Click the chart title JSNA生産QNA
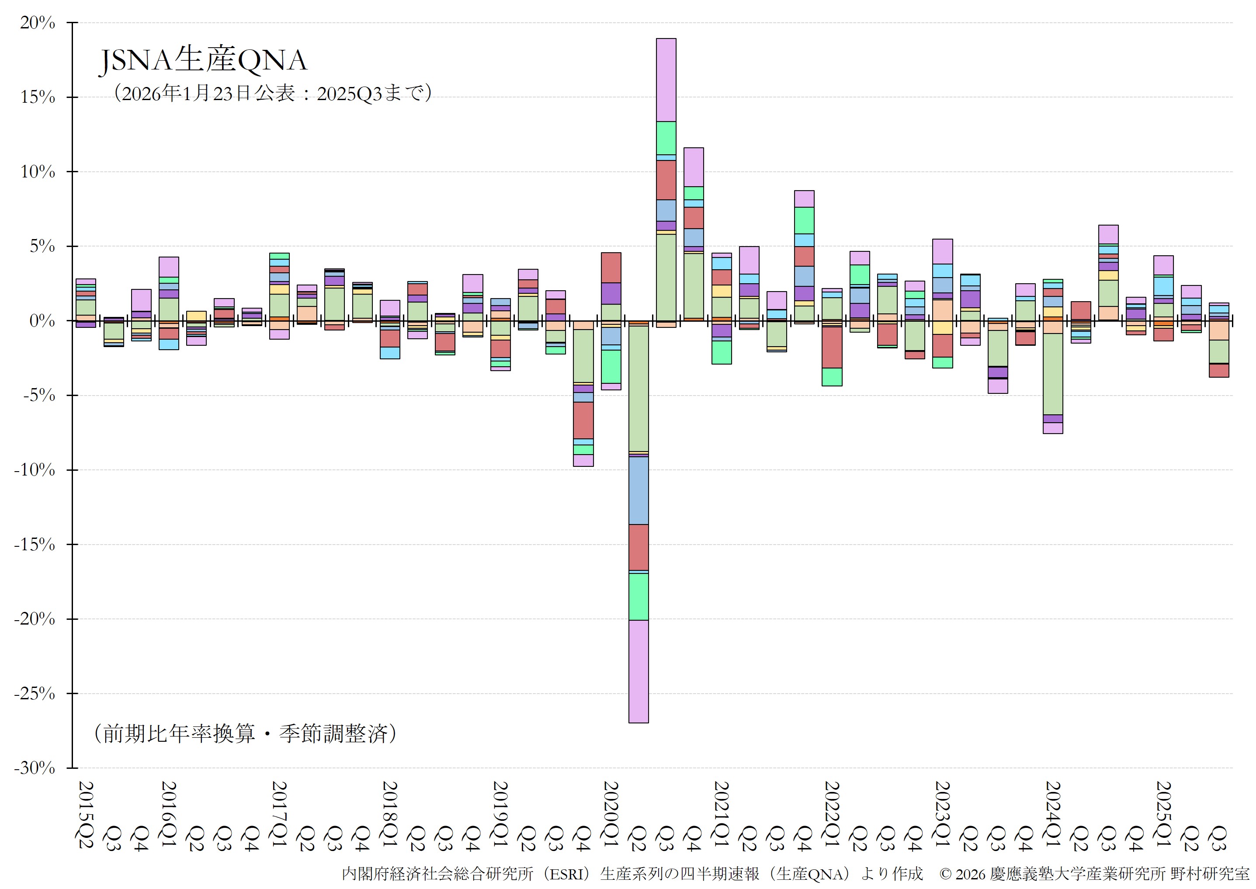click(x=203, y=60)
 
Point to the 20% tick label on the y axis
click(x=38, y=23)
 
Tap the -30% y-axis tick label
click(x=35, y=768)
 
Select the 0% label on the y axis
click(x=42, y=321)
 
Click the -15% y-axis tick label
click(x=35, y=545)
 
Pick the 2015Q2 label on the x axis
click(x=86, y=815)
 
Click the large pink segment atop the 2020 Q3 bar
click(x=666, y=80)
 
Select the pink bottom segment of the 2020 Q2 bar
click(x=638, y=671)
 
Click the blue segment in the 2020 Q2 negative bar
click(x=638, y=490)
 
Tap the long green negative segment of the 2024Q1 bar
click(x=1053, y=374)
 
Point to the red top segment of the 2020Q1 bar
click(x=611, y=267)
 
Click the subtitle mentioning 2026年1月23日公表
click(x=272, y=94)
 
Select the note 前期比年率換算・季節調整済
click(x=245, y=733)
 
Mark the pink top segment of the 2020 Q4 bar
click(x=694, y=167)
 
